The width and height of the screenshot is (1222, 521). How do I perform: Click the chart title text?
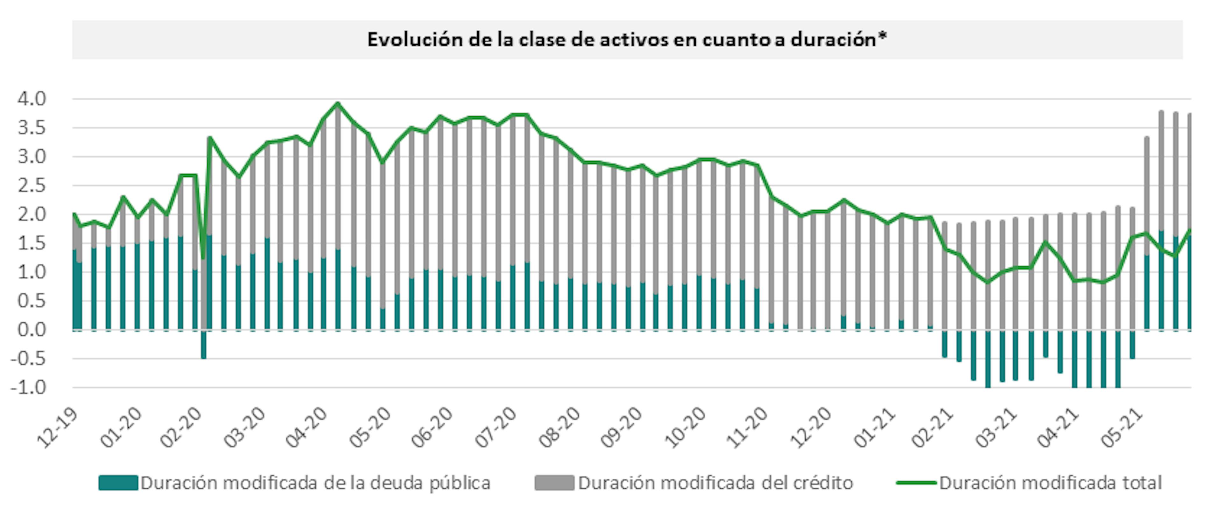point(626,39)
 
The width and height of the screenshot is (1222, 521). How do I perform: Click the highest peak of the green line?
point(338,103)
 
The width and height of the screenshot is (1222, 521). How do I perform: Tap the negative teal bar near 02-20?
point(204,345)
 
